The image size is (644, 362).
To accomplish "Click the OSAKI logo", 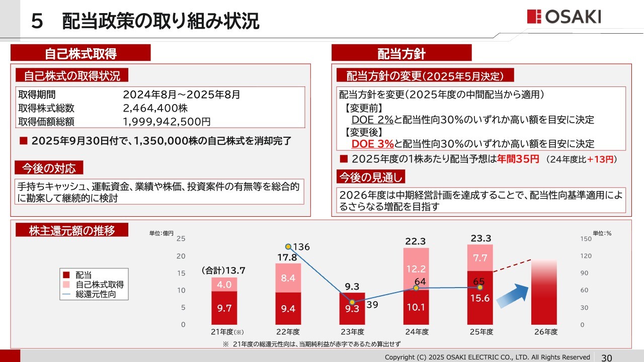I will tap(563, 17).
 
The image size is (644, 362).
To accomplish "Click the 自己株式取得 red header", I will tap(80, 53).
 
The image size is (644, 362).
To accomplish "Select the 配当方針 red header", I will tap(401, 53).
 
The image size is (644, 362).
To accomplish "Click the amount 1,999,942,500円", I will tap(167, 121).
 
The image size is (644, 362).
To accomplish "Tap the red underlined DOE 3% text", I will tap(372, 144).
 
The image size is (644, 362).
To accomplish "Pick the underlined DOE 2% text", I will tap(372, 120).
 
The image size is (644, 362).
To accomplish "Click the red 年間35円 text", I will tap(518, 159).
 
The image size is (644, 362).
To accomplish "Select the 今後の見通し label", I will tap(370, 177).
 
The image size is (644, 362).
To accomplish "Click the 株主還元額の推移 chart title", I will tap(71, 231).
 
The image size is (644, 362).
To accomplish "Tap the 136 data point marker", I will tap(288, 247).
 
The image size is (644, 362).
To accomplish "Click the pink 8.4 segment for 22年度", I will tap(288, 278).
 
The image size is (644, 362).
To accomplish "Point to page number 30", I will tap(607, 357).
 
